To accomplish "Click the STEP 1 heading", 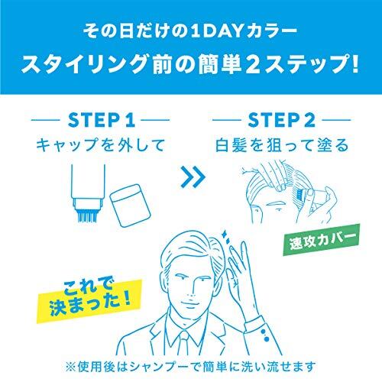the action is coord(102,120).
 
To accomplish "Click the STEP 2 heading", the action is coord(282,120).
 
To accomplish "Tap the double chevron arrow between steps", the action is coord(193,177).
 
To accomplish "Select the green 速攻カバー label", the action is coord(322,239).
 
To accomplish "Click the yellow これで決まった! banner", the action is coord(89,300).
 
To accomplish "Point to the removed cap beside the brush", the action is coord(130,206).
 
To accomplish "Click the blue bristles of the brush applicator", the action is coord(87,216).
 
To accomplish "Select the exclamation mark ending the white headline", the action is coord(354,63).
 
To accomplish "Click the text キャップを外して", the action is coord(100,145).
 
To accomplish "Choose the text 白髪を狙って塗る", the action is coord(282,145).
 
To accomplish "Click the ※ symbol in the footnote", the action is coord(70,367).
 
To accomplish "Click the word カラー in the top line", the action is coord(270,31).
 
